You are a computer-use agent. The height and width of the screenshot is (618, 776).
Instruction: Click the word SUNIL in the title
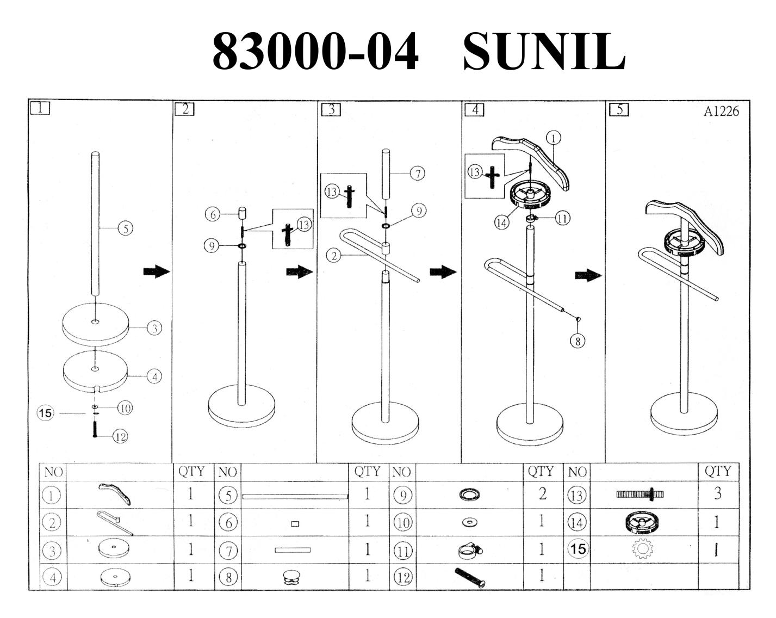544,51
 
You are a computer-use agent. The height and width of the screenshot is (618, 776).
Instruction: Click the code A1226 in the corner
721,111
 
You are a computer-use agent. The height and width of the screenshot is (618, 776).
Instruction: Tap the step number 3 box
331,109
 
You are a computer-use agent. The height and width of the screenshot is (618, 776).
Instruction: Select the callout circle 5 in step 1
126,228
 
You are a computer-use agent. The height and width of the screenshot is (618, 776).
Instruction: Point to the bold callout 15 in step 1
46,413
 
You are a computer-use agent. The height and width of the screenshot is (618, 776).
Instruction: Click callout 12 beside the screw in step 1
120,437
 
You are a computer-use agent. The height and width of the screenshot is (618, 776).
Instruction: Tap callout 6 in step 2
213,215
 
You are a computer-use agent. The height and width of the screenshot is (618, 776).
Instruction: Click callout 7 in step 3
418,174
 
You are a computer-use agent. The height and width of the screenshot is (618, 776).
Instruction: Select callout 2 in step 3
334,256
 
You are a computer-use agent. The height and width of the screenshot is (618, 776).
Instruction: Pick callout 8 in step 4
578,341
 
